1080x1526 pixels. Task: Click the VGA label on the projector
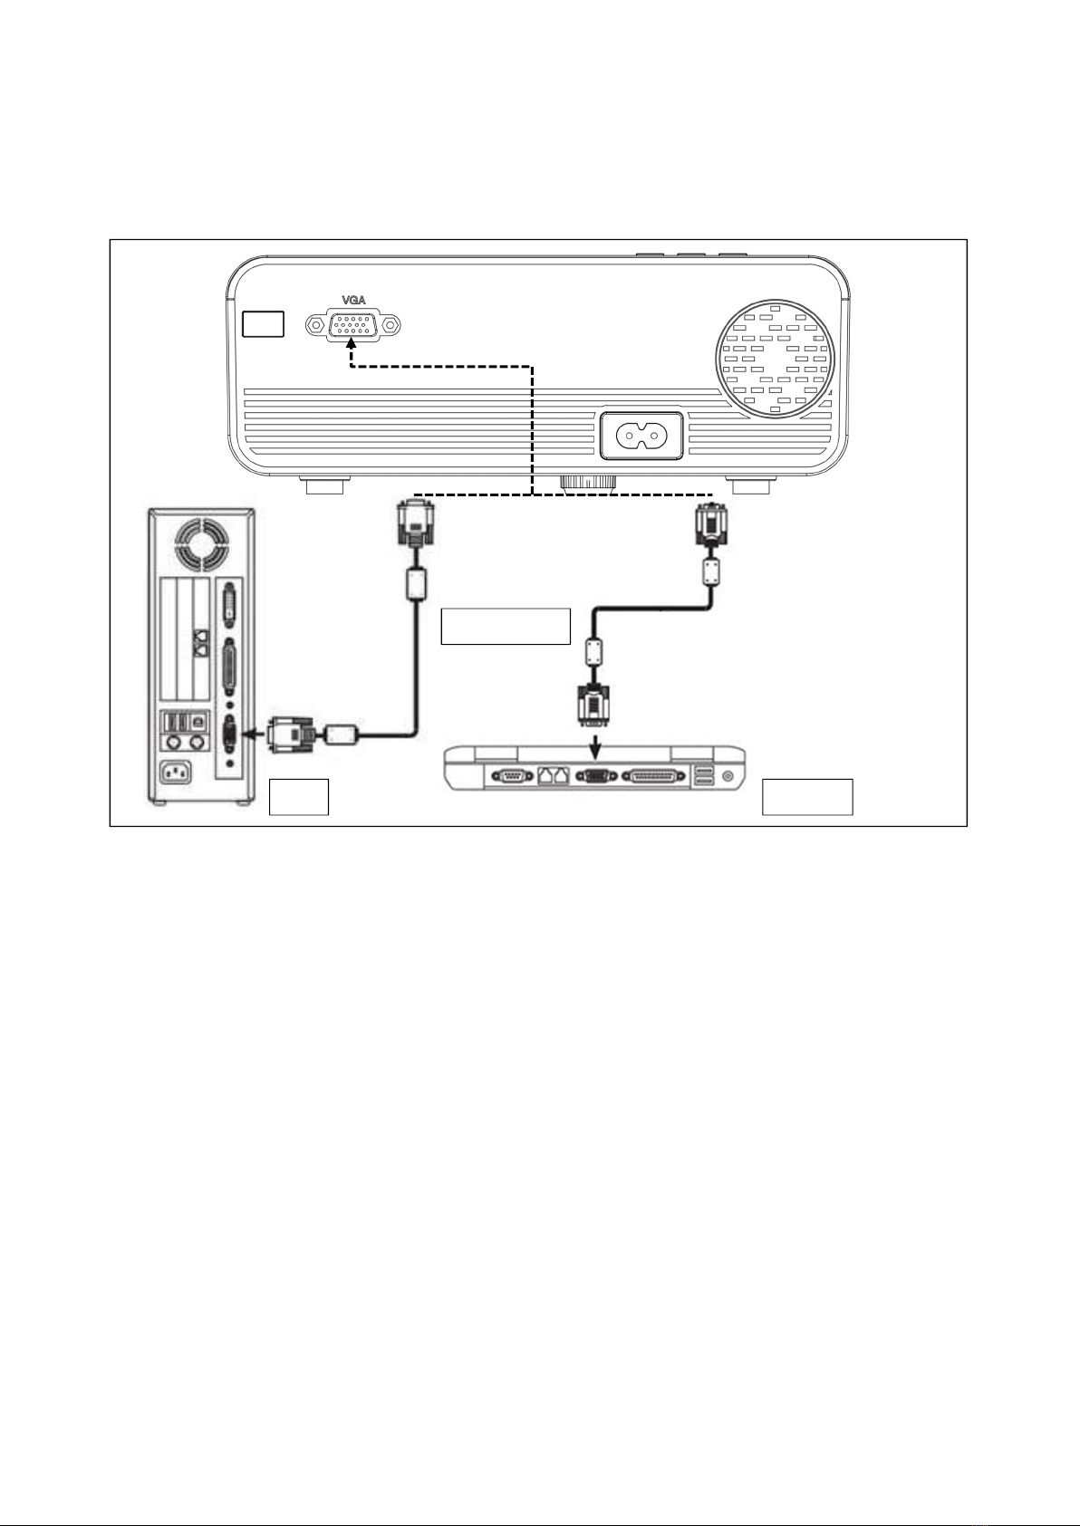point(353,300)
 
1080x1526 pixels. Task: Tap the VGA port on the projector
point(353,325)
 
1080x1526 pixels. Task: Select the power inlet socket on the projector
point(641,435)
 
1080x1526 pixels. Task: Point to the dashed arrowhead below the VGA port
point(352,345)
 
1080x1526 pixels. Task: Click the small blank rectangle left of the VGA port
point(263,323)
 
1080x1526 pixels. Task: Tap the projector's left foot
point(325,485)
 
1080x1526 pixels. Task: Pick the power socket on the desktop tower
point(175,773)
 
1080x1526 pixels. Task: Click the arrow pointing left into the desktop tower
point(256,734)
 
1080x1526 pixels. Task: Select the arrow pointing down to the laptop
point(595,746)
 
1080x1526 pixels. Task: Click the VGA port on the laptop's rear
point(596,776)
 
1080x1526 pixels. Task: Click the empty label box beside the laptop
point(807,796)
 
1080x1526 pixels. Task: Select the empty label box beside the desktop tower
point(298,796)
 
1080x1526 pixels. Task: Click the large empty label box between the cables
point(506,626)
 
